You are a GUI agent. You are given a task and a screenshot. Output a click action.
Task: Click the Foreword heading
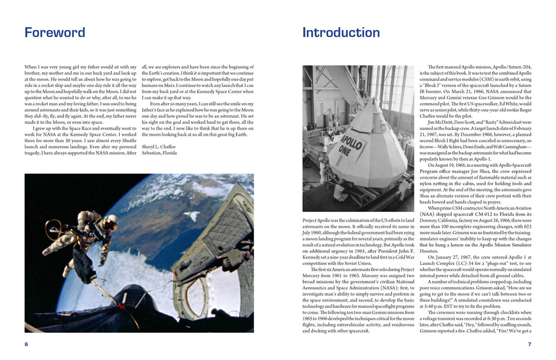(55, 33)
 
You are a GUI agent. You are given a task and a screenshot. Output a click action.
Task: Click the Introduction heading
(341, 33)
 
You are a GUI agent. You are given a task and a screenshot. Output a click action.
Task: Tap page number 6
(26, 344)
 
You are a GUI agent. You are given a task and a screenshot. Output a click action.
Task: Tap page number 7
(529, 344)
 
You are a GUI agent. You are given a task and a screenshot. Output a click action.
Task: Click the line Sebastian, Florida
(159, 153)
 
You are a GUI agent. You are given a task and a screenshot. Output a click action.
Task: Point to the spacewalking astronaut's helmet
(111, 220)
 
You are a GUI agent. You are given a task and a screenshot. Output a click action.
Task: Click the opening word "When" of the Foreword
(31, 67)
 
